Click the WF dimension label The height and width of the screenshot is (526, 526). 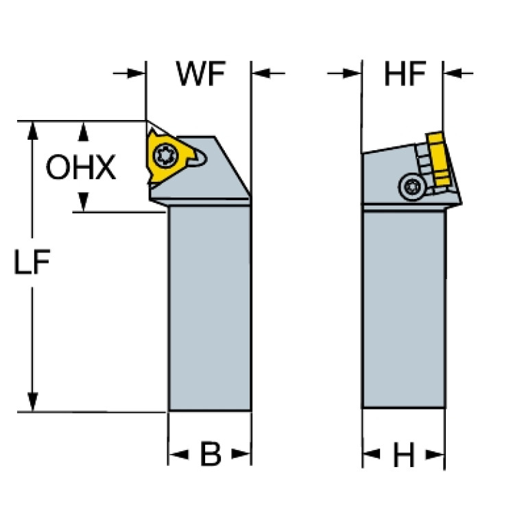tap(201, 74)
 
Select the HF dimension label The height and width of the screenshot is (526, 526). tap(405, 73)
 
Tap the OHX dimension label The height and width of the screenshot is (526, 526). tap(80, 167)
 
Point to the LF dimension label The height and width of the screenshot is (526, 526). tap(32, 262)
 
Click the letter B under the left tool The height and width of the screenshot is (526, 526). tap(211, 454)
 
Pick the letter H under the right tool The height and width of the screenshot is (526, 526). tap(403, 455)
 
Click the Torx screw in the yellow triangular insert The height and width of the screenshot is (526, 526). tap(163, 155)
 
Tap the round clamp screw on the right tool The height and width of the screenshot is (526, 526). tap(412, 187)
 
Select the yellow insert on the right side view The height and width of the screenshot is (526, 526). tap(439, 158)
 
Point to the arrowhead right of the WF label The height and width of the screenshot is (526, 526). tap(261, 73)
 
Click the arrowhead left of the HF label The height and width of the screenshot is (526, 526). tap(352, 73)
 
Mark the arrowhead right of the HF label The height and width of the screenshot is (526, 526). tap(453, 73)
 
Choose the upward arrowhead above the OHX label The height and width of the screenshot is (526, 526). tap(83, 132)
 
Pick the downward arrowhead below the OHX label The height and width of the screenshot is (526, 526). tap(83, 202)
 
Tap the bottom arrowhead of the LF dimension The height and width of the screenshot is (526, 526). tap(32, 402)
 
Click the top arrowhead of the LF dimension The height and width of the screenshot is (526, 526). tap(32, 131)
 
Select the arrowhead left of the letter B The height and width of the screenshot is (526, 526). tap(178, 455)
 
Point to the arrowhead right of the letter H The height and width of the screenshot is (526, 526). tap(435, 455)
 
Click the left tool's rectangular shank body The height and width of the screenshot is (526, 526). tap(210, 308)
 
